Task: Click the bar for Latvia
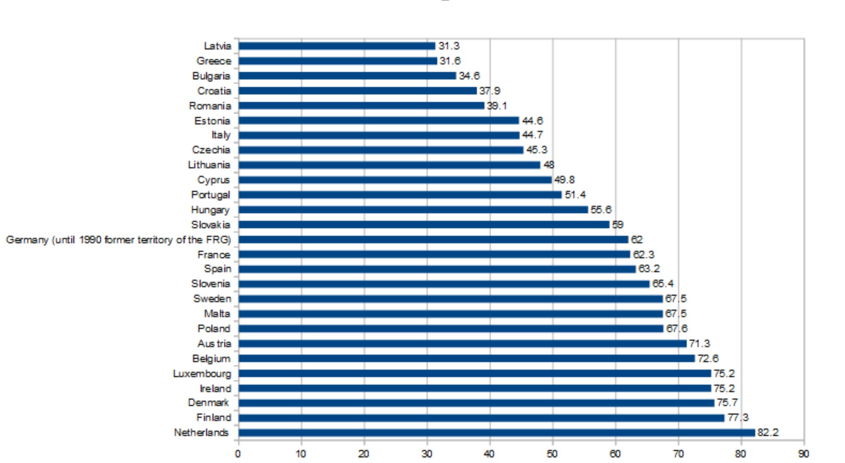pyautogui.click(x=337, y=46)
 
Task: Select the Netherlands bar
pyautogui.click(x=496, y=433)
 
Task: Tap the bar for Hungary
pyautogui.click(x=413, y=209)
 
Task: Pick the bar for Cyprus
pyautogui.click(x=395, y=180)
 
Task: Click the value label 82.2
pyautogui.click(x=768, y=433)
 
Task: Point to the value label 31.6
pyautogui.click(x=450, y=61)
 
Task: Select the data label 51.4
pyautogui.click(x=575, y=195)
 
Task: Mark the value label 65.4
pyautogui.click(x=663, y=284)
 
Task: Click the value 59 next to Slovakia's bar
pyautogui.click(x=618, y=224)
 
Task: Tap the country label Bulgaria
pyautogui.click(x=211, y=76)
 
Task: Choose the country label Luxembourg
pyautogui.click(x=202, y=373)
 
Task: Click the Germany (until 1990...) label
pyautogui.click(x=118, y=240)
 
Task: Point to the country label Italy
pyautogui.click(x=221, y=135)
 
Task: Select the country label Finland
pyautogui.click(x=213, y=417)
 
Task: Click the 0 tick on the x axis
pyautogui.click(x=238, y=454)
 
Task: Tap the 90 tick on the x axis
pyautogui.click(x=803, y=454)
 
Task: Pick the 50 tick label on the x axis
pyautogui.click(x=552, y=454)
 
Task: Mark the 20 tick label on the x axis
pyautogui.click(x=364, y=454)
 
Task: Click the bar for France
pyautogui.click(x=434, y=254)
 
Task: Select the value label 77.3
pyautogui.click(x=738, y=417)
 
